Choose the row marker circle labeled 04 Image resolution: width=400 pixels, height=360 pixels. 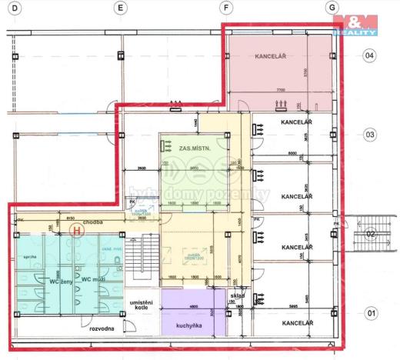(370, 55)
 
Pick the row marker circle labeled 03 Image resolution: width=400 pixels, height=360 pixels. (370, 134)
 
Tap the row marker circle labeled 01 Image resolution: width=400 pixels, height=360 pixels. (370, 313)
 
